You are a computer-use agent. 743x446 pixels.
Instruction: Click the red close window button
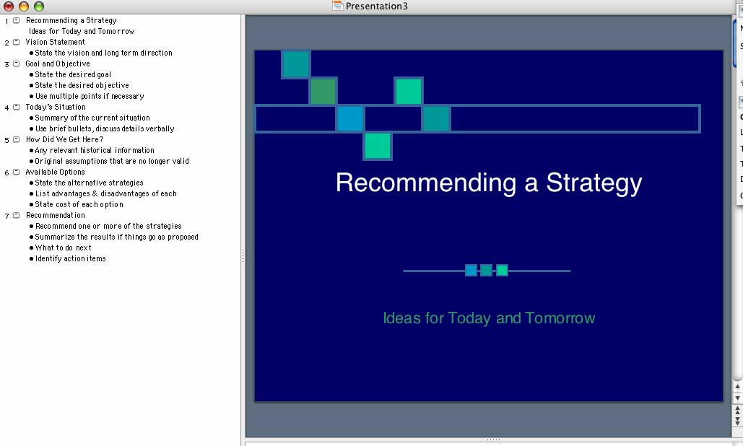coord(8,6)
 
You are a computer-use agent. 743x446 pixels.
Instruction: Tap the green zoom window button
coord(39,6)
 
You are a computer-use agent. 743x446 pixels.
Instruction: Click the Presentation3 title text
coord(376,6)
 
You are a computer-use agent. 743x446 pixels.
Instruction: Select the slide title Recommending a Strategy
coord(489,183)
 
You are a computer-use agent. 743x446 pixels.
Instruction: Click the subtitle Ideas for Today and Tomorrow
coord(489,318)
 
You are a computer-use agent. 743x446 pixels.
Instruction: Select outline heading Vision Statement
coord(55,42)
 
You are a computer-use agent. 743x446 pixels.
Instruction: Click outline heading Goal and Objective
coord(57,64)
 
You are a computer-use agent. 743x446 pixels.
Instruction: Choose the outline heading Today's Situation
coord(56,107)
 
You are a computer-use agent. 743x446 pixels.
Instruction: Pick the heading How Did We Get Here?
coord(64,140)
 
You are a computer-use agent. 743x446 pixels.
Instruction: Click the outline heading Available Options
coord(55,172)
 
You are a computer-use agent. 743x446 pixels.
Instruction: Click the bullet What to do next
coord(63,248)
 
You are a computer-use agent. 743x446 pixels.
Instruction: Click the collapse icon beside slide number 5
coord(16,140)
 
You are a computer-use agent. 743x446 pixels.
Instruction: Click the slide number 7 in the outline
coord(6,216)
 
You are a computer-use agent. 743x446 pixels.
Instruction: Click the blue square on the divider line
coord(471,271)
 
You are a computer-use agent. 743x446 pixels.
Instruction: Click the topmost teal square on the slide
coord(296,64)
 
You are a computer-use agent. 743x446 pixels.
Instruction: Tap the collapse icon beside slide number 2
coord(16,42)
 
